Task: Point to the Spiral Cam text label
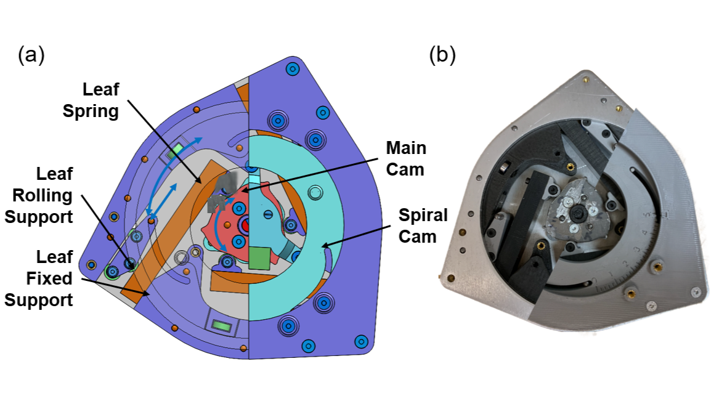click(422, 226)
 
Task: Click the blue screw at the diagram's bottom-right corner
click(362, 341)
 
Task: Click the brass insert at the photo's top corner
click(583, 79)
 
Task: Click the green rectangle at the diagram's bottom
click(221, 325)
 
